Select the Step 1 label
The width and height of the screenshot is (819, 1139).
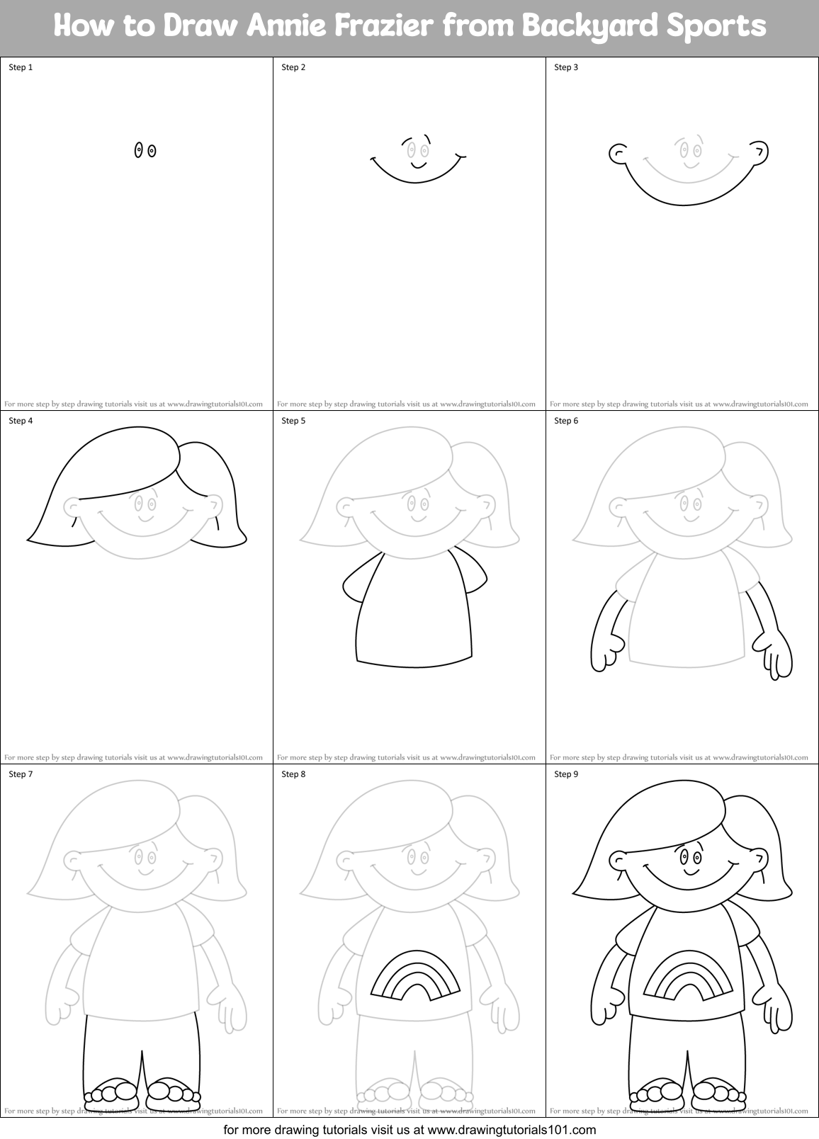click(x=21, y=67)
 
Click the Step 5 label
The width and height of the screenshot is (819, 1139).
click(x=293, y=421)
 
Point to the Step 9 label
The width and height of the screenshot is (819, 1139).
click(x=566, y=774)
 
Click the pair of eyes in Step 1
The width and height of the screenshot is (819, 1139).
click(x=145, y=150)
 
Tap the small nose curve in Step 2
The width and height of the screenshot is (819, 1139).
click(x=418, y=165)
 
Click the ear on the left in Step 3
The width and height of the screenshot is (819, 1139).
click(x=617, y=152)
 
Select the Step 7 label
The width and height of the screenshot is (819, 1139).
click(x=21, y=774)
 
